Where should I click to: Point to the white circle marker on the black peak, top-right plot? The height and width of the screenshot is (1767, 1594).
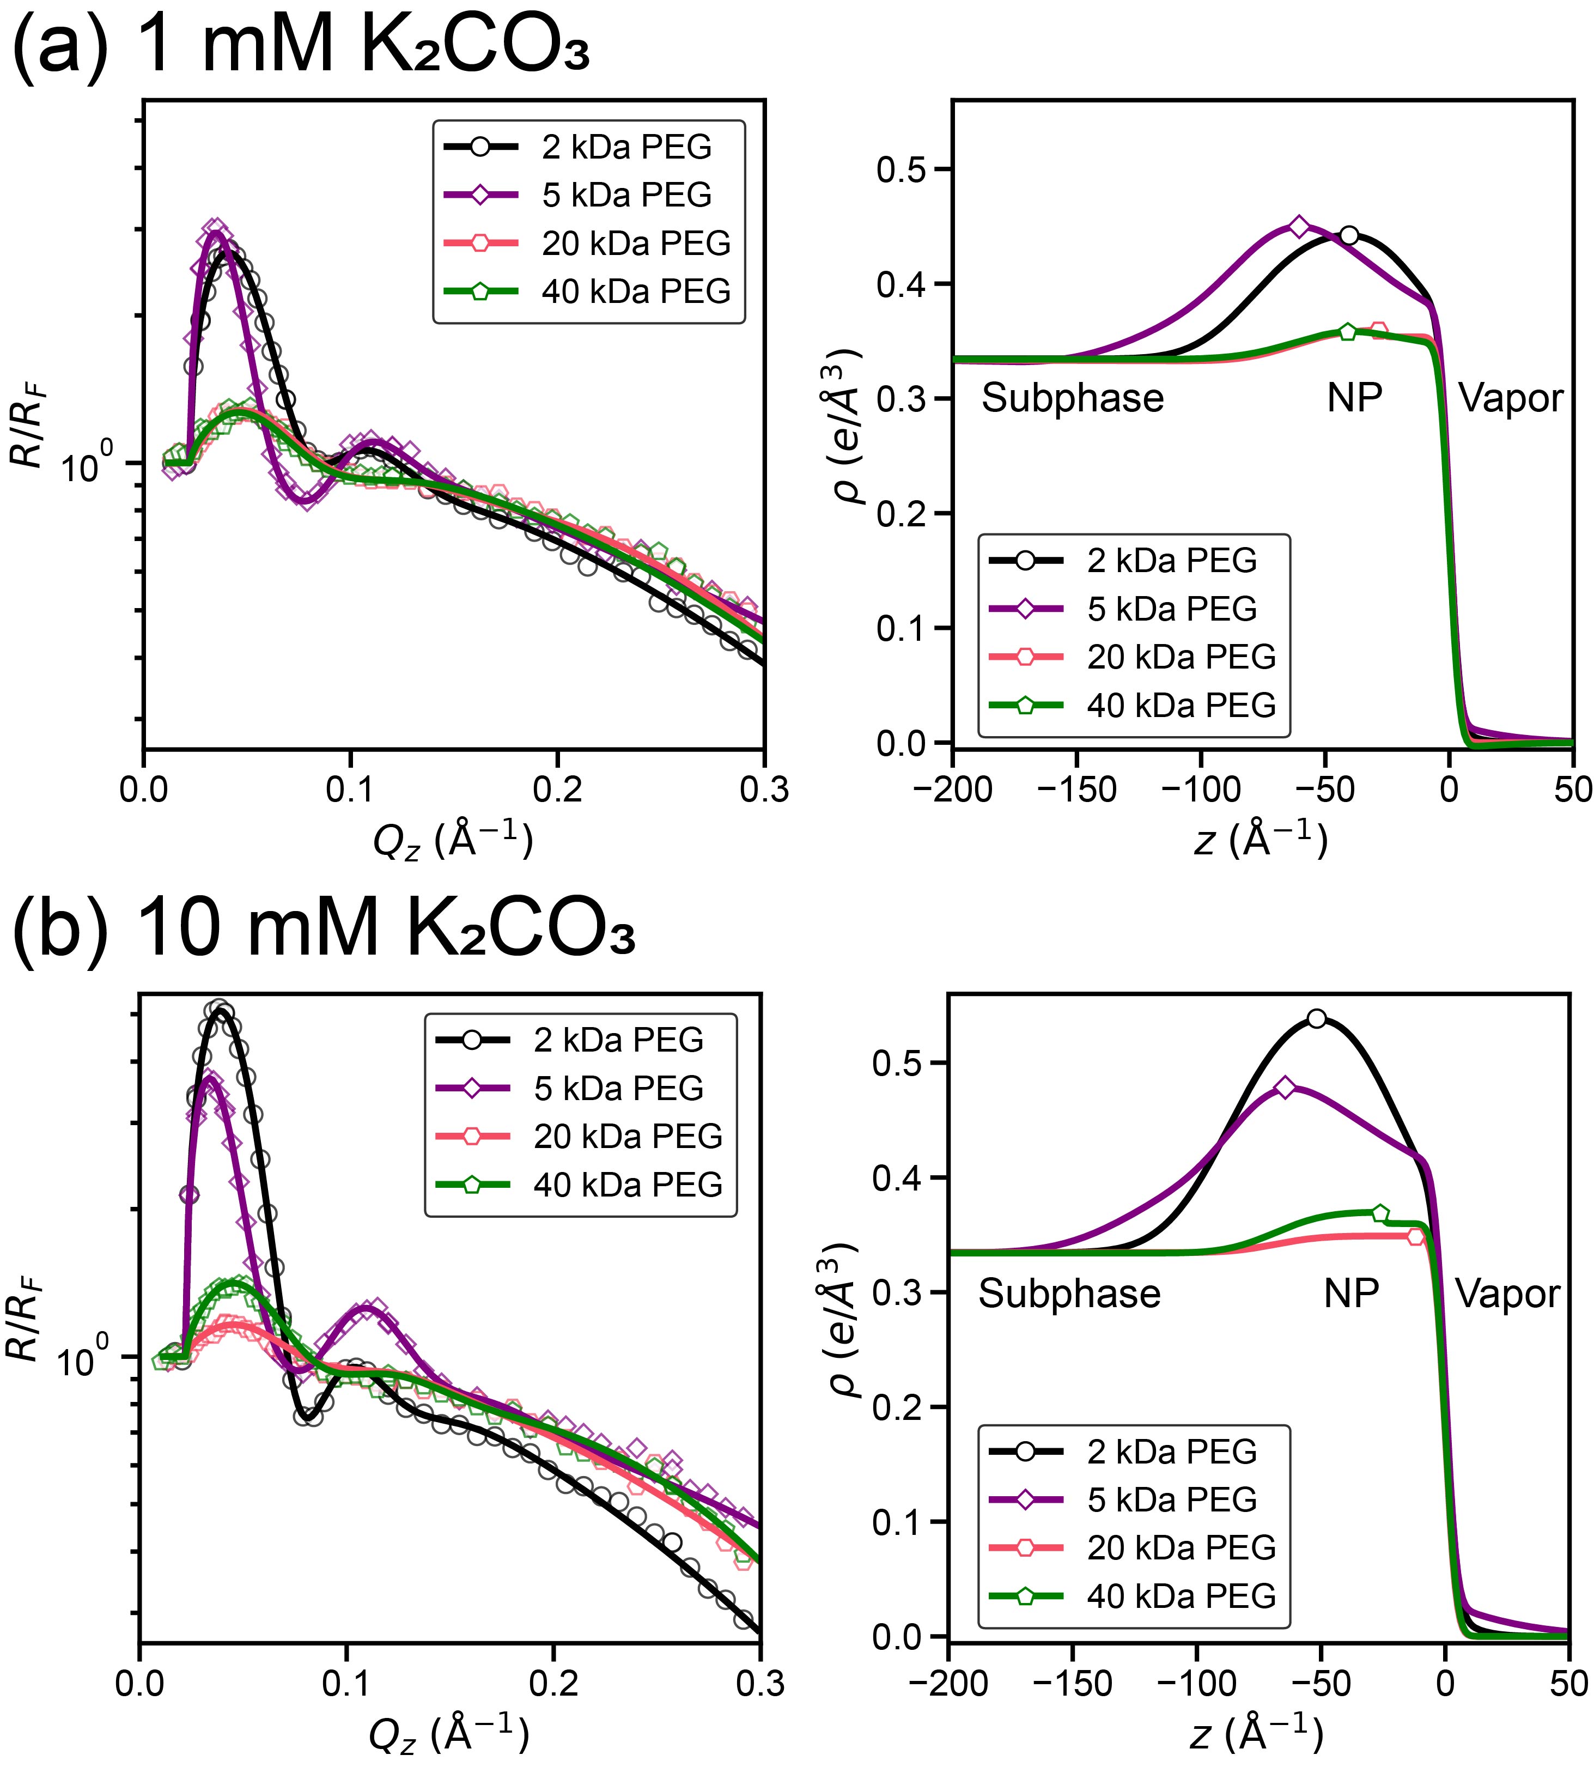pyautogui.click(x=1349, y=236)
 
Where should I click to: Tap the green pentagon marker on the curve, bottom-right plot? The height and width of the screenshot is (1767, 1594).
pyautogui.click(x=1380, y=1213)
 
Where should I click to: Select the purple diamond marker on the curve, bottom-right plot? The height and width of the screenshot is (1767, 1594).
pyautogui.click(x=1285, y=1087)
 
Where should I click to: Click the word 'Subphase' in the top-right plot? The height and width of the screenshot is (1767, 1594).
pyautogui.click(x=1072, y=399)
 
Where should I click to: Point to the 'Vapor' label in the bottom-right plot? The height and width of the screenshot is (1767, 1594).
pyautogui.click(x=1507, y=1294)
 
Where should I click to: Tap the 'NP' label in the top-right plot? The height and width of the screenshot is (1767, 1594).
pyautogui.click(x=1354, y=399)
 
